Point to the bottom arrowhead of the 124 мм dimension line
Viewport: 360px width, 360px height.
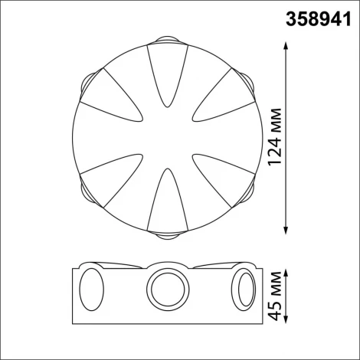286,229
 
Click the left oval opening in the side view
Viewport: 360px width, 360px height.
91,292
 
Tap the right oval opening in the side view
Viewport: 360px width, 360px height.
246,292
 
